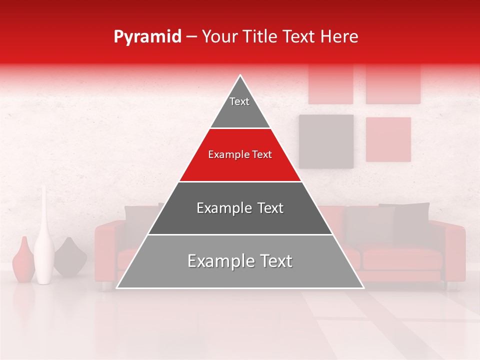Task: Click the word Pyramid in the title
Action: (147, 37)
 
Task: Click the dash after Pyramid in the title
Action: (191, 37)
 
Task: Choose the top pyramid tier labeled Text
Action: (240, 107)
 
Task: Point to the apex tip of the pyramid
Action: (240, 76)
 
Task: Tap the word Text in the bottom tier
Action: (274, 261)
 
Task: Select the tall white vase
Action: (44, 240)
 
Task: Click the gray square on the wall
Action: (326, 141)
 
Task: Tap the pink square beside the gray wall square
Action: (388, 139)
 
